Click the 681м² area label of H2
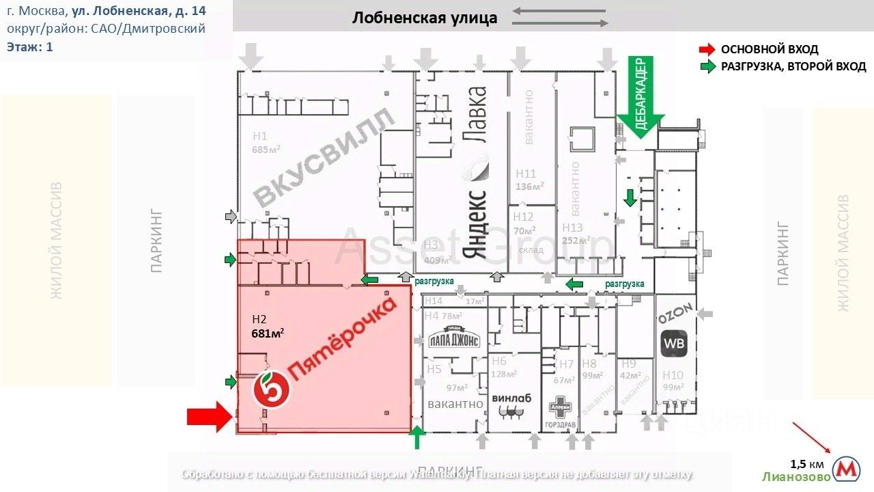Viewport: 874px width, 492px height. click(268, 333)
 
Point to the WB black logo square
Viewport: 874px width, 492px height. click(673, 343)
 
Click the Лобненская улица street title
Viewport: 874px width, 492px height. click(425, 18)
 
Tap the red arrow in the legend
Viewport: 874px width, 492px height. click(707, 49)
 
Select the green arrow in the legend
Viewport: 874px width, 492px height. click(707, 66)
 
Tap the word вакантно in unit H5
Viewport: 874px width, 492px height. click(455, 404)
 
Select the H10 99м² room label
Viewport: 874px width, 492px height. click(673, 381)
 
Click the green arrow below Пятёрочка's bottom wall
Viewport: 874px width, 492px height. click(417, 438)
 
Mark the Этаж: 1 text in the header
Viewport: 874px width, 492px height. click(30, 46)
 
